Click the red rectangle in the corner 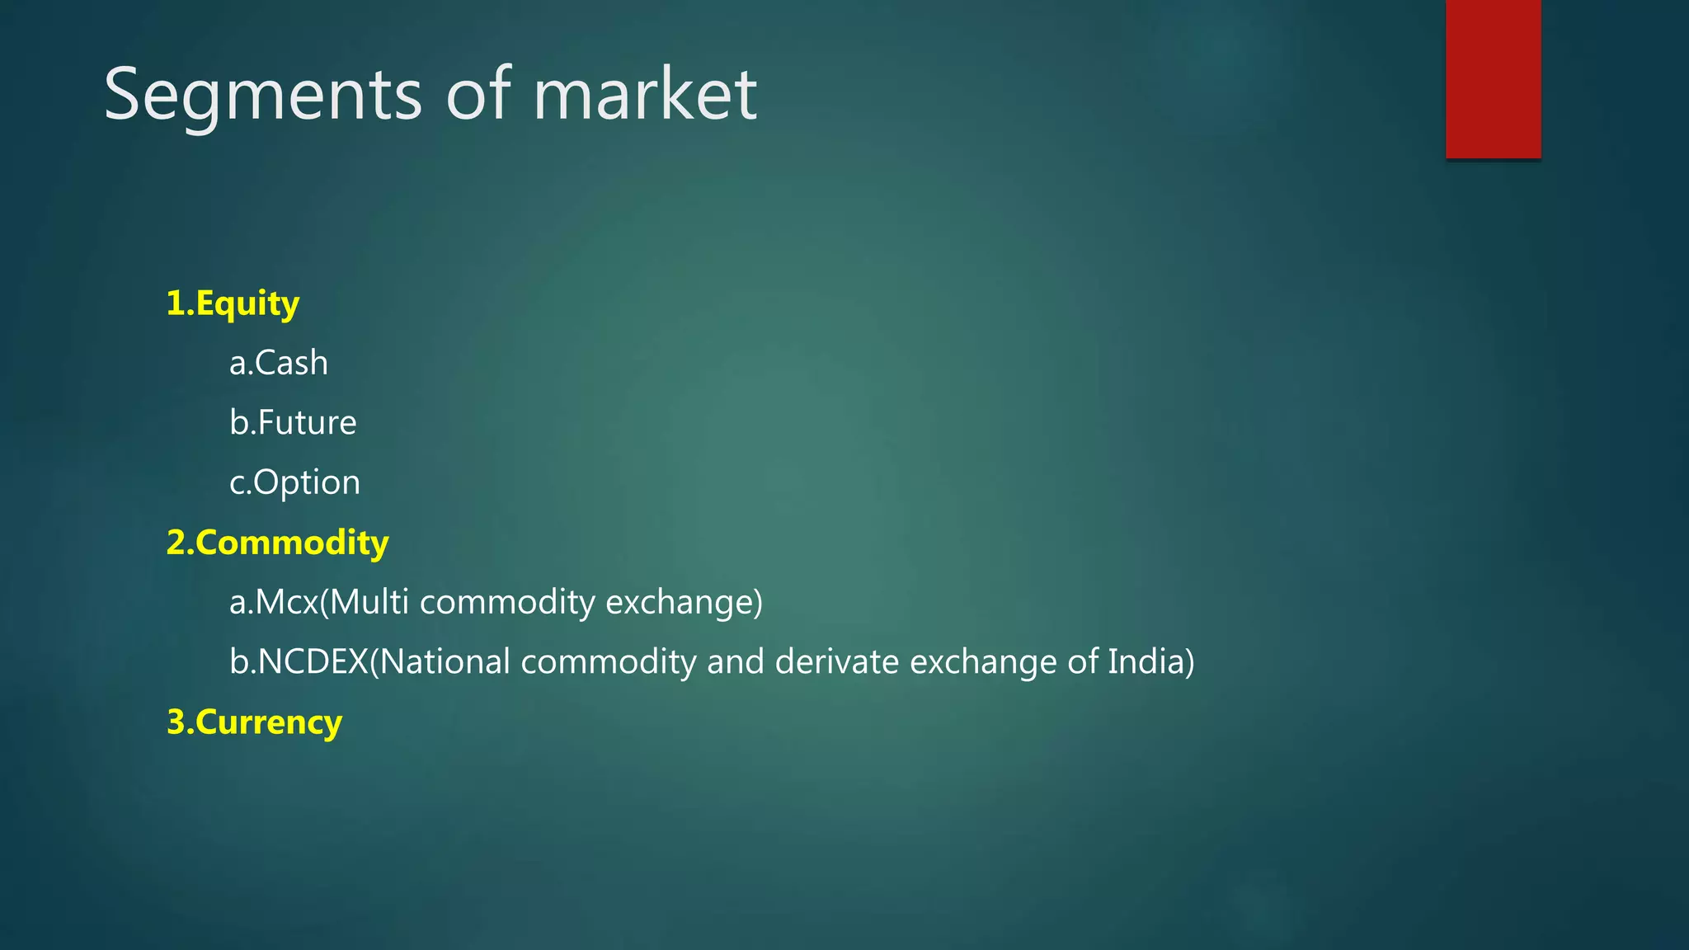(x=1493, y=78)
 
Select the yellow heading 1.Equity (x=233, y=303)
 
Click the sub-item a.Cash (x=279, y=363)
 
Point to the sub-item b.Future (x=293, y=422)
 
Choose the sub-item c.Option (x=294, y=482)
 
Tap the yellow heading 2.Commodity (x=277, y=543)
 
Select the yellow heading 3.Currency (x=254, y=722)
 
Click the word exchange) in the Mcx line (x=684, y=602)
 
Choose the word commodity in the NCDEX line (x=609, y=661)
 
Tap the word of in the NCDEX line (x=1082, y=661)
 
